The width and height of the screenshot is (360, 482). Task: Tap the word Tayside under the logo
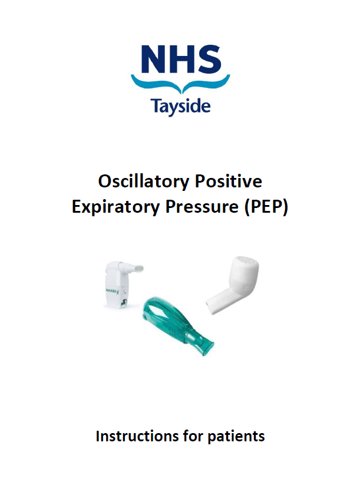click(180, 107)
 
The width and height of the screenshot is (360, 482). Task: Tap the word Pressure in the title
click(197, 207)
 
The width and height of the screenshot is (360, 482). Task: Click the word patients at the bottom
click(235, 437)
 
